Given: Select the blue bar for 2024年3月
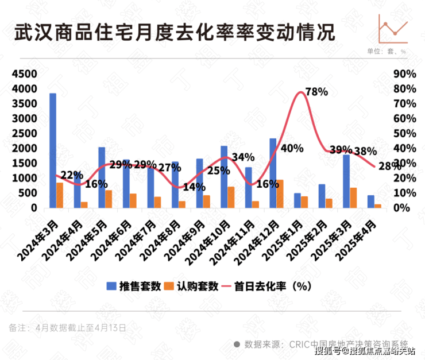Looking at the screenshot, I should point(53,150).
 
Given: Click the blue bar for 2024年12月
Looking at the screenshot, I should point(273,173).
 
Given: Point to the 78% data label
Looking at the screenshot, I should point(316,92).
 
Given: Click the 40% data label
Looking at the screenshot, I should point(292,149).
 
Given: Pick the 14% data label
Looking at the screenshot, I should point(194,187).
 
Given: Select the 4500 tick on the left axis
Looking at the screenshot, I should point(24,74).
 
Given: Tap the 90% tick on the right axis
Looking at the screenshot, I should point(404,74).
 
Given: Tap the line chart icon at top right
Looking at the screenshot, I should point(393,29).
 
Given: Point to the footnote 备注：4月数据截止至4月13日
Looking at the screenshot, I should point(67,327).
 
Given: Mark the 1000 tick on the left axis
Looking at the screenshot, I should point(24,178).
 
